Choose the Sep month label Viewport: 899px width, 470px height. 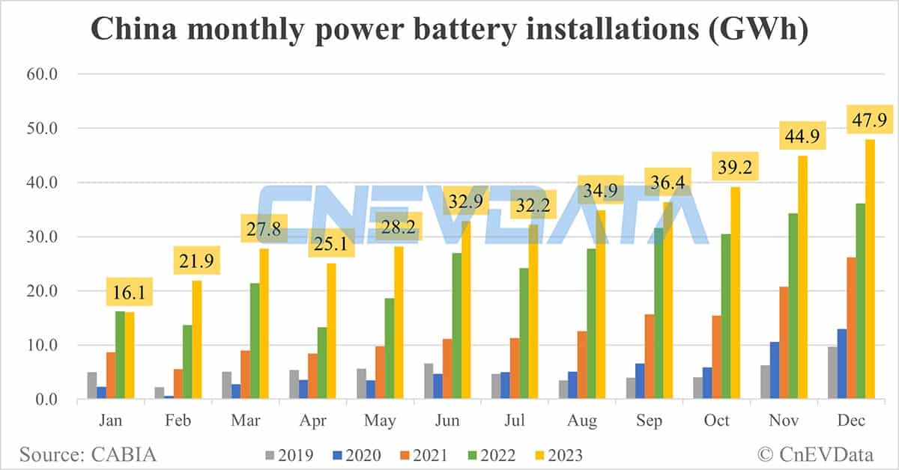tap(649, 421)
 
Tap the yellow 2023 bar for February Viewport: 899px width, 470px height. tap(196, 340)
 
